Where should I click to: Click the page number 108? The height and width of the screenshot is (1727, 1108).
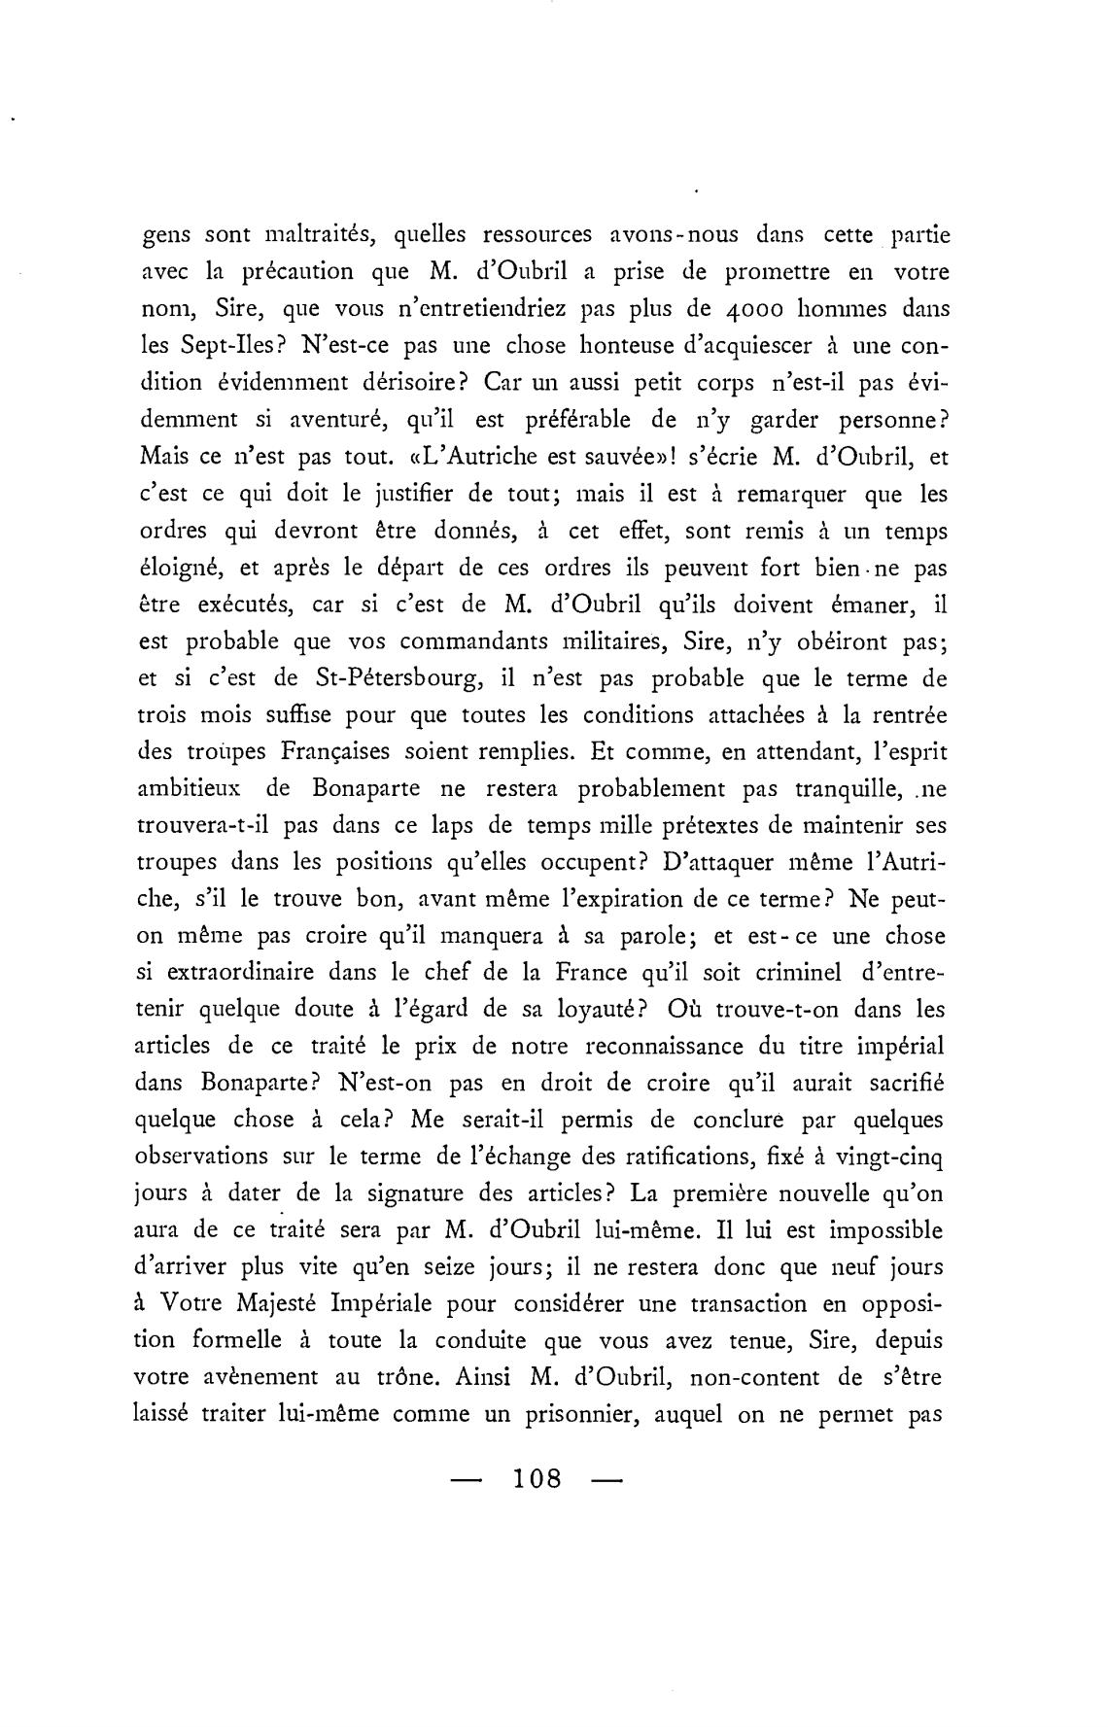(x=537, y=1478)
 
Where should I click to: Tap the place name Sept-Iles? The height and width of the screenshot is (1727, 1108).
(x=212, y=346)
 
